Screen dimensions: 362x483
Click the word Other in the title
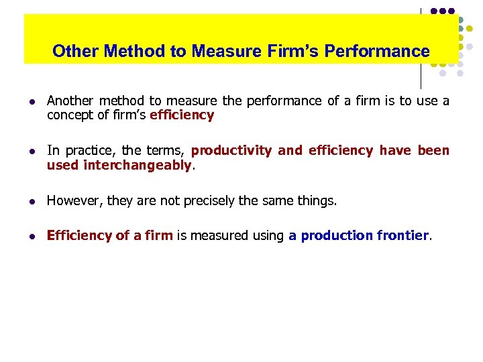tap(74, 51)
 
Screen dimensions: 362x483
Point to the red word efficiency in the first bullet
tap(182, 115)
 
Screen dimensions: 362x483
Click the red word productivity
tap(231, 151)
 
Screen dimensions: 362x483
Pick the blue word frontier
tap(402, 235)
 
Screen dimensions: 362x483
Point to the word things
tap(317, 200)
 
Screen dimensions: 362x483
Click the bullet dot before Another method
tap(32, 102)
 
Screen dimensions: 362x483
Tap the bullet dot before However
tap(32, 200)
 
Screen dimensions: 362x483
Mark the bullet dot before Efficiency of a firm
tap(32, 235)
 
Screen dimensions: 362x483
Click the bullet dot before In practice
tap(32, 151)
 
